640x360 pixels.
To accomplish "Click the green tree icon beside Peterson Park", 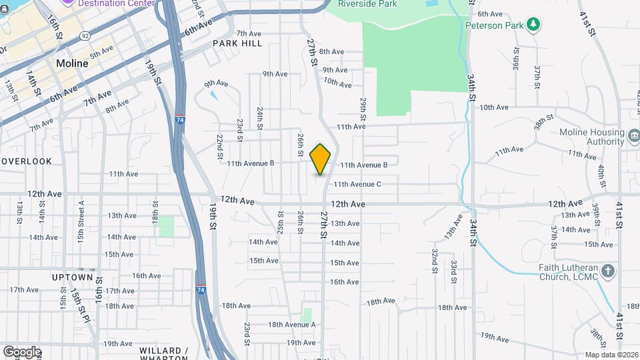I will coord(533,25).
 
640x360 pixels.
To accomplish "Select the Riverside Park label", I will coord(367,4).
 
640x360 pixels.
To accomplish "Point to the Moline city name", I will coord(72,63).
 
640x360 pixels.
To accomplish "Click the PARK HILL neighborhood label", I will coord(235,43).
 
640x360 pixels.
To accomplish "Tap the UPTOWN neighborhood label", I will coord(72,277).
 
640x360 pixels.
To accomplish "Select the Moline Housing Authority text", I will coord(591,137).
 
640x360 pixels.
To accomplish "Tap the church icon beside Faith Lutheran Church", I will coord(607,271).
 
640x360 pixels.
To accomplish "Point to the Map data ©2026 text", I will coord(612,355).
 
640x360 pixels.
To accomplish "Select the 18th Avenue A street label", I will coord(291,325).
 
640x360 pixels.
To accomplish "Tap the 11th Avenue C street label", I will coord(357,184).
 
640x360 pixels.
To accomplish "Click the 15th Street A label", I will coord(81,213).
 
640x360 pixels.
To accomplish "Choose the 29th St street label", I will coord(364,107).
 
